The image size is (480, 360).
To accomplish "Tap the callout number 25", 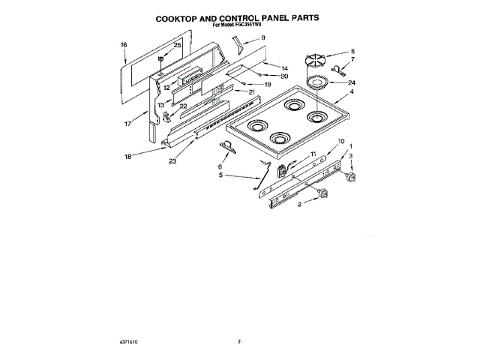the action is [178, 45].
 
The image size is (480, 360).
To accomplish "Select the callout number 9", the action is [262, 37].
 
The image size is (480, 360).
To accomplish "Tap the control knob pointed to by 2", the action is [323, 194].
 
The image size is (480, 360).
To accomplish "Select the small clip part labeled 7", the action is [337, 72].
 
